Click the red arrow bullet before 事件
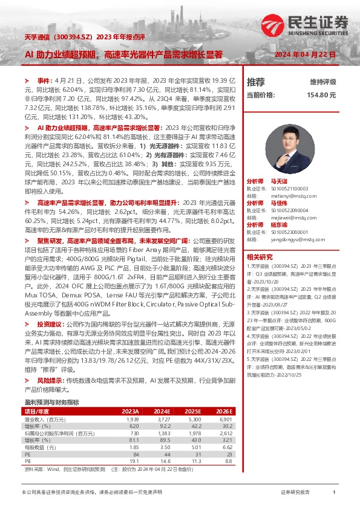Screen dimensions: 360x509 26,80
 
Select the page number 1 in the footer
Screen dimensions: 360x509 333,493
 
